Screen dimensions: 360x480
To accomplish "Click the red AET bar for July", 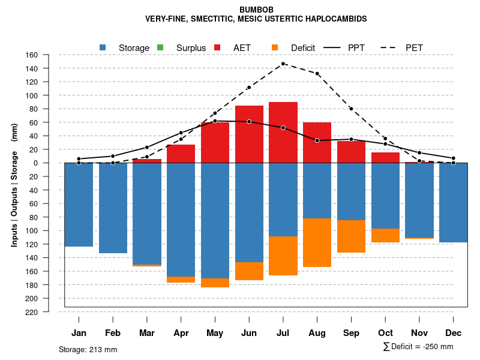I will [283, 132].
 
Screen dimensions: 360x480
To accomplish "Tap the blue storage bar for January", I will [79, 205].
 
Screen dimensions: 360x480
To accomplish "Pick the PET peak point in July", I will [283, 64].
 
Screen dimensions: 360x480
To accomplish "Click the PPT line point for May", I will [215, 121].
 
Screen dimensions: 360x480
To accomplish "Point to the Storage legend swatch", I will [103, 47].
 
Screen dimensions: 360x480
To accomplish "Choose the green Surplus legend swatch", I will [160, 47].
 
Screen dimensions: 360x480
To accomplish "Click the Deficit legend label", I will [307, 47].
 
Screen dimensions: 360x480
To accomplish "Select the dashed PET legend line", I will [392, 47].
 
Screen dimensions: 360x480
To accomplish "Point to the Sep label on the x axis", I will [351, 333].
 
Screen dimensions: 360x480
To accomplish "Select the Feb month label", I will [113, 333].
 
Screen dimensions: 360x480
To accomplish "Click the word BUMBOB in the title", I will [256, 10].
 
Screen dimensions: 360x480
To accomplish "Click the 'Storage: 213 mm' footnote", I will [88, 349].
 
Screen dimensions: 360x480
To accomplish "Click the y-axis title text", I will [14, 184].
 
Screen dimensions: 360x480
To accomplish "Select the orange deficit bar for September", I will [351, 236].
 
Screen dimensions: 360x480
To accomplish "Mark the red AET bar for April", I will [181, 154].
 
